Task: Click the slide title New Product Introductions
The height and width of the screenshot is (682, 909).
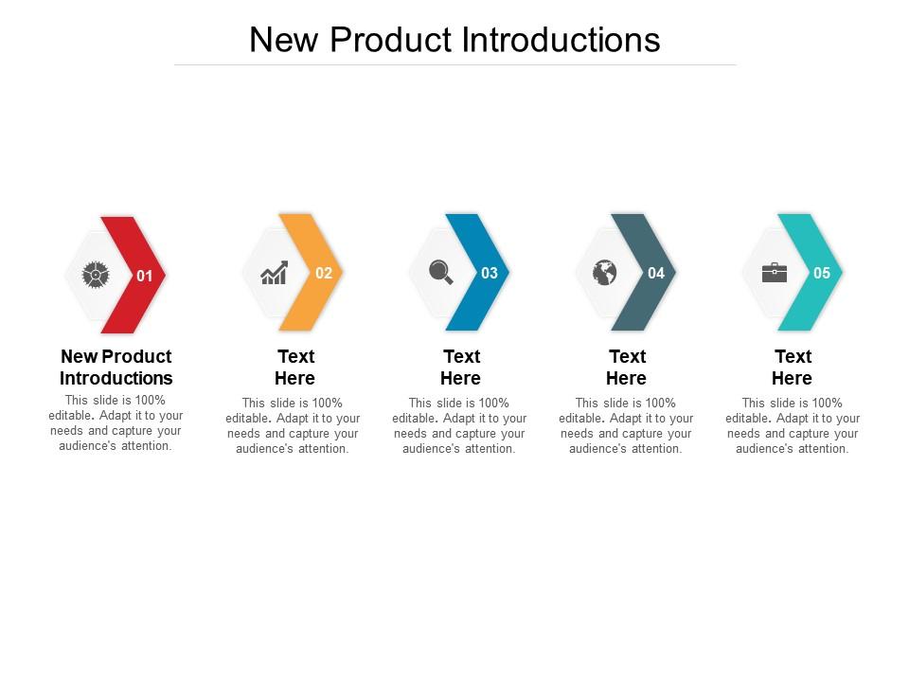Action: (x=454, y=40)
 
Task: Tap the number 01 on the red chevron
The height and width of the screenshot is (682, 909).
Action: (x=145, y=276)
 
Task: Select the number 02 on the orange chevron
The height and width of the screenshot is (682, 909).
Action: (x=324, y=273)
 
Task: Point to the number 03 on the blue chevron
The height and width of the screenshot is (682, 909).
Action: (x=490, y=273)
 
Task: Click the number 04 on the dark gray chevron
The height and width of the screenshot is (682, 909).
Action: (x=656, y=273)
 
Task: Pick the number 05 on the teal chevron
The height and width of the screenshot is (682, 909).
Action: (x=822, y=273)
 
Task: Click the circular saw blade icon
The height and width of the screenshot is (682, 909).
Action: (x=95, y=275)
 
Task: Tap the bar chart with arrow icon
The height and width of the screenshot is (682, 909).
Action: (x=274, y=274)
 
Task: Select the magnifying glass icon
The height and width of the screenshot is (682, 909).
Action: (x=440, y=273)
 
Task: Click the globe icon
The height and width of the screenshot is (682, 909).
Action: (x=605, y=273)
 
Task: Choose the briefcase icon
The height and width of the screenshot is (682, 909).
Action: (x=774, y=273)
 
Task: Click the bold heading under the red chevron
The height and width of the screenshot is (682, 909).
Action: (x=116, y=368)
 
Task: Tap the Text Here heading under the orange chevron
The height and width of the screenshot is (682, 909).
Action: (x=295, y=368)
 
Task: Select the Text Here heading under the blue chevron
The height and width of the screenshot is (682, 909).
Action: (x=461, y=368)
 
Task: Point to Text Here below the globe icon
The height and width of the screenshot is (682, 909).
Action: (x=627, y=368)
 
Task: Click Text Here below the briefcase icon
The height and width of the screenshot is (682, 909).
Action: (x=793, y=368)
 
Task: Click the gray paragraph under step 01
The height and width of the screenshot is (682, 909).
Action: (x=116, y=422)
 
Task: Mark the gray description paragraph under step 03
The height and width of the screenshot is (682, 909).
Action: (x=460, y=425)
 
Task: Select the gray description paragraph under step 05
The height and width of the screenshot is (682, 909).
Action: (x=793, y=425)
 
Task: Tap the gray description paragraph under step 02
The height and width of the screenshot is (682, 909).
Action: (x=294, y=425)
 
